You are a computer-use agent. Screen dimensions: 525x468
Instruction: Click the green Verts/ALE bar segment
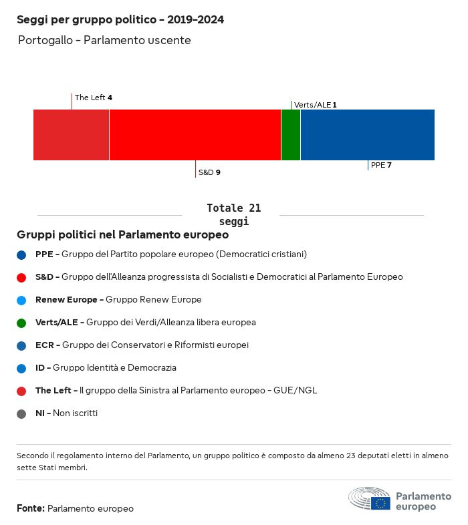click(x=291, y=135)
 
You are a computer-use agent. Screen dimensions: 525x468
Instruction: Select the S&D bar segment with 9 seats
click(x=195, y=135)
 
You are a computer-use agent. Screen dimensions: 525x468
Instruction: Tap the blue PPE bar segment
click(x=367, y=135)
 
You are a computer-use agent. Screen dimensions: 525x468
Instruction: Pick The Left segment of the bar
click(x=71, y=135)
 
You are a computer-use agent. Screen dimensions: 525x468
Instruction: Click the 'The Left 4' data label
click(x=93, y=98)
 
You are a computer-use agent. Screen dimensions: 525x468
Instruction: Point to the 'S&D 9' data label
click(x=209, y=172)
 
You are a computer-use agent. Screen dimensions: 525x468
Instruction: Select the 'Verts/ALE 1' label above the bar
click(x=315, y=105)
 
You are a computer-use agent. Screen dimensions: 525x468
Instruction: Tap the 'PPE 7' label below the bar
click(x=381, y=165)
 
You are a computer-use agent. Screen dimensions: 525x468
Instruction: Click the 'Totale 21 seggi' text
click(x=233, y=214)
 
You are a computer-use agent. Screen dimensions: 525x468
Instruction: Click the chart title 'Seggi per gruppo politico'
click(x=120, y=20)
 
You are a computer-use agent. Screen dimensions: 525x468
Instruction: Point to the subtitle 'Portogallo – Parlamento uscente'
click(x=104, y=40)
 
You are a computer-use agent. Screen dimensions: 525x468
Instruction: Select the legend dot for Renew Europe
click(x=22, y=300)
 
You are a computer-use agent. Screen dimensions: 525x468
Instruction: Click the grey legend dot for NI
click(x=22, y=413)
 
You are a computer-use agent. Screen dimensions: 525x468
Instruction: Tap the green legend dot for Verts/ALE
click(x=22, y=323)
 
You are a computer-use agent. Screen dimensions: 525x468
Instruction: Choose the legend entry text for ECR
click(x=142, y=345)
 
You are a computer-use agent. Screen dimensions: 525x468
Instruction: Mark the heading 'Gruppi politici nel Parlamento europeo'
click(x=123, y=235)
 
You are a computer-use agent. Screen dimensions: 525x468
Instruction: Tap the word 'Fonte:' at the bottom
click(x=31, y=509)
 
